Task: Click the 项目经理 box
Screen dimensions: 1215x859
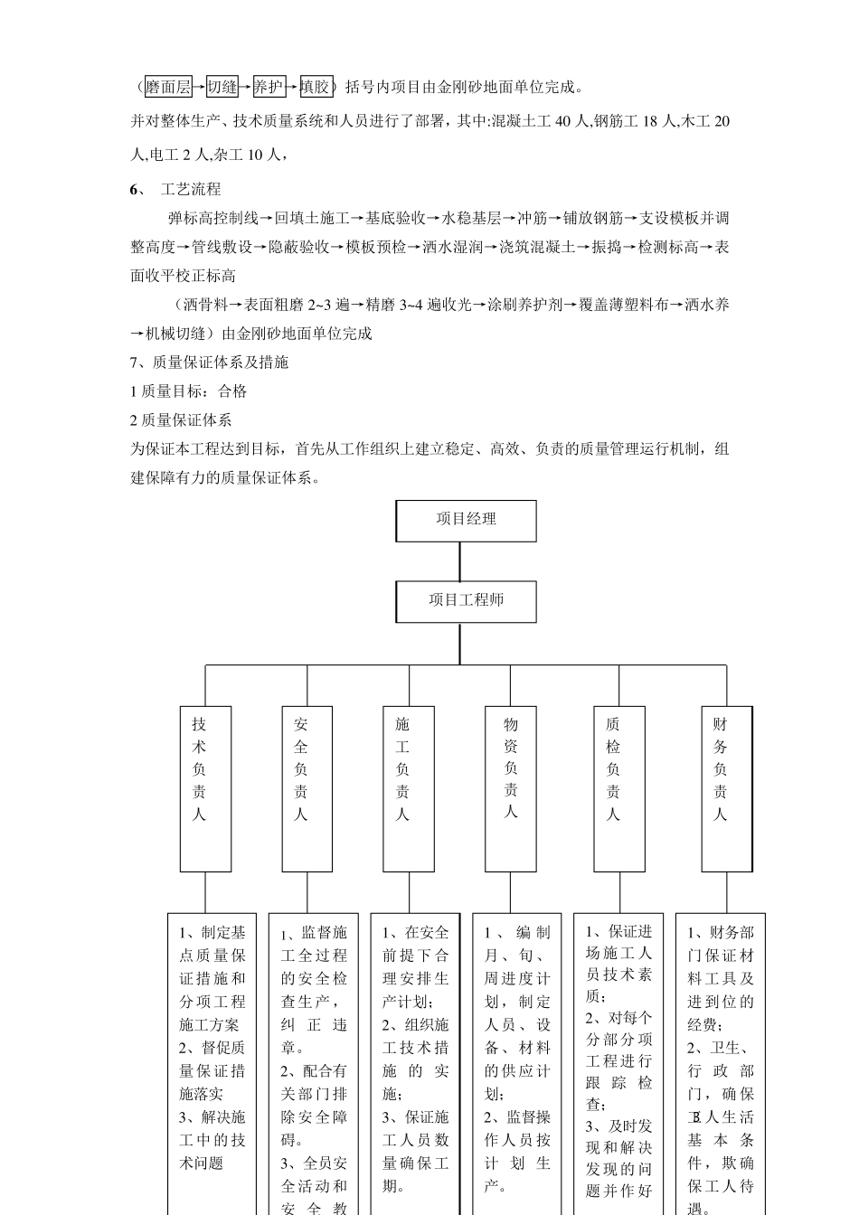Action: click(466, 520)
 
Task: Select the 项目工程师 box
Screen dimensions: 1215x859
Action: click(466, 600)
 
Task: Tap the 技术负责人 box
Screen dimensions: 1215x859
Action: click(205, 788)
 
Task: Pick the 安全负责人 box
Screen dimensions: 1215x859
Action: click(307, 788)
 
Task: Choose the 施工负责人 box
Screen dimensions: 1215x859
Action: click(409, 788)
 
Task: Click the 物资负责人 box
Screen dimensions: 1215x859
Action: click(511, 788)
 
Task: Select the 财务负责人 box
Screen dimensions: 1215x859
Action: click(726, 788)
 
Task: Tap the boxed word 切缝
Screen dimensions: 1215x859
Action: click(222, 87)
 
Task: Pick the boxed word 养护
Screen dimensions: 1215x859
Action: click(269, 87)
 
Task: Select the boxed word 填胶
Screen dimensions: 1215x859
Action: click(316, 87)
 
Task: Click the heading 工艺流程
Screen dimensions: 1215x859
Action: click(190, 189)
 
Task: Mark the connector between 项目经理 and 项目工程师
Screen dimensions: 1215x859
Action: click(460, 561)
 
